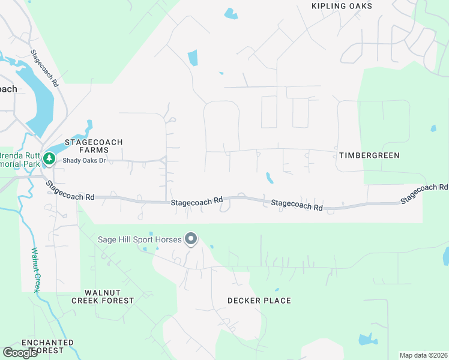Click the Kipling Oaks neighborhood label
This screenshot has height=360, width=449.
tap(342, 6)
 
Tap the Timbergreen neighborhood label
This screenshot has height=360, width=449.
tap(369, 155)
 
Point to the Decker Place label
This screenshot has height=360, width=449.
tap(259, 301)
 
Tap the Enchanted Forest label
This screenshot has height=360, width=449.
tap(47, 346)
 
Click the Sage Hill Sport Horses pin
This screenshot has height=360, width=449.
tap(191, 239)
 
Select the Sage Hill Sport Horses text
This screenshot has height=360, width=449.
tap(139, 240)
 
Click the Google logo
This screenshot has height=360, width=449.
tap(20, 352)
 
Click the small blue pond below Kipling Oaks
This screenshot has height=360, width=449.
tap(230, 13)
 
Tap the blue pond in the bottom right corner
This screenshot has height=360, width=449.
tap(366, 340)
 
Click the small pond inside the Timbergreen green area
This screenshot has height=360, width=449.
tap(433, 128)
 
